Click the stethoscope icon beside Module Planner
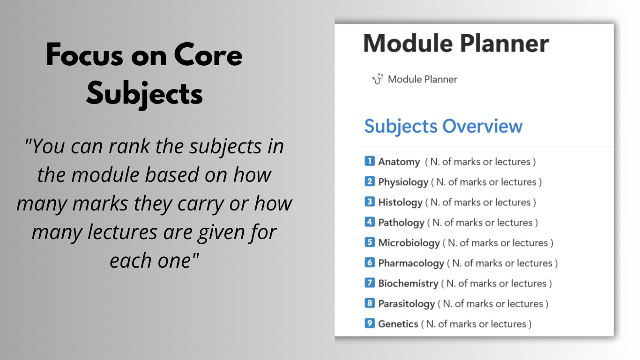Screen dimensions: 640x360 377,79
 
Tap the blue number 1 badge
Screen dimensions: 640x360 369,161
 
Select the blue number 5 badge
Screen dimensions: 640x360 369,242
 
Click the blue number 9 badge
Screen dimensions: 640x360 369,323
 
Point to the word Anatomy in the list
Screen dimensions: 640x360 399,162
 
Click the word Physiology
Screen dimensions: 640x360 403,182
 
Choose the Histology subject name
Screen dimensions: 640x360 400,202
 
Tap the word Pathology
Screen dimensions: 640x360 401,223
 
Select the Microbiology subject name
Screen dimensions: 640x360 409,243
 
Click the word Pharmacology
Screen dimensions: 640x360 411,263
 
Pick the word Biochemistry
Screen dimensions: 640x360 408,284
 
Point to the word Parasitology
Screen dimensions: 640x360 407,304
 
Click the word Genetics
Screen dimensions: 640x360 398,324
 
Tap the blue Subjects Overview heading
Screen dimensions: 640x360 443,127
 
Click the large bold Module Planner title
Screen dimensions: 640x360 456,44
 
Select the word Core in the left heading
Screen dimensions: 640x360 208,55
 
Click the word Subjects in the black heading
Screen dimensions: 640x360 145,94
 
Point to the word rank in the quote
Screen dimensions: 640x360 129,146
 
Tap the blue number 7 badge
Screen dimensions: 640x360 369,283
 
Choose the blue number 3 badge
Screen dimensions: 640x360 369,202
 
